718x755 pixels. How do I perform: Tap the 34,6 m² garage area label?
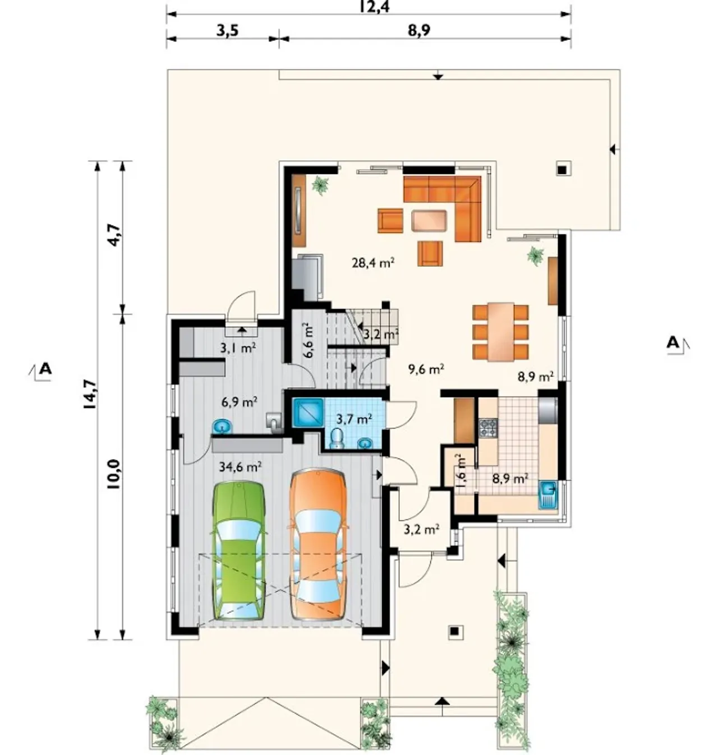240,466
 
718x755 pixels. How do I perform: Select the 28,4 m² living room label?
373,263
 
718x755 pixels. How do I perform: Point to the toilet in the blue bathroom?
338,438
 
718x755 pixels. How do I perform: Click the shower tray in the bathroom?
307,412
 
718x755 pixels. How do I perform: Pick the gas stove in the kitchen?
488,428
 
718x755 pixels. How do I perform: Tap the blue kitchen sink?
547,495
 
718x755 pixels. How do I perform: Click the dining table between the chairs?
501,332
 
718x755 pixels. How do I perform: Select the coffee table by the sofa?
429,221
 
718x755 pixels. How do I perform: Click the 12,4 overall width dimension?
375,6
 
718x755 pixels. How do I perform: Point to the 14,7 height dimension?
90,394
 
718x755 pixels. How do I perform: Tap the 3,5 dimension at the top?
227,30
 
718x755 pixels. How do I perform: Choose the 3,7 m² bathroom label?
354,419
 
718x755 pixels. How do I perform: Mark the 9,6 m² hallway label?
426,369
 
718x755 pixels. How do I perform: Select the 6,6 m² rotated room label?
307,341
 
